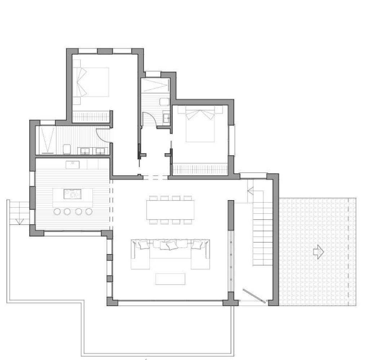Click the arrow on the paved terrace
click(319, 252)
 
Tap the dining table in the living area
click(170, 210)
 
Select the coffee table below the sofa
click(170, 279)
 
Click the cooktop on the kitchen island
click(72, 194)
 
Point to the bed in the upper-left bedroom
click(93, 82)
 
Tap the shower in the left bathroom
click(46, 140)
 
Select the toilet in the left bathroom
click(67, 149)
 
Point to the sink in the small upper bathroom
click(166, 117)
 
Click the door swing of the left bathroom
click(103, 135)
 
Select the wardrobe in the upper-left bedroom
click(91, 117)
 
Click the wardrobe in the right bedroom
click(200, 169)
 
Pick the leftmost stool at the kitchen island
click(57, 212)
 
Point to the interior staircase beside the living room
click(261, 234)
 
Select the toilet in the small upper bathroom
click(165, 101)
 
